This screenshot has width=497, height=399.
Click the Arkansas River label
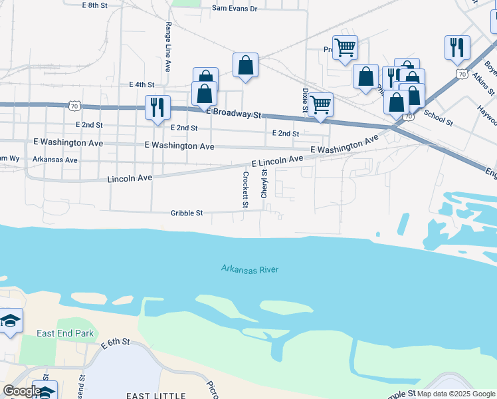click(x=250, y=269)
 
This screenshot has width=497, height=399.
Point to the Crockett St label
click(x=245, y=190)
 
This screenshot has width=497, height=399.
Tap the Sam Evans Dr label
click(x=234, y=9)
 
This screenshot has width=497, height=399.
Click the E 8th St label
click(x=95, y=5)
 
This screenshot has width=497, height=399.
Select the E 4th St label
click(x=142, y=85)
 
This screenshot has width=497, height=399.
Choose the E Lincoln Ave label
click(x=277, y=161)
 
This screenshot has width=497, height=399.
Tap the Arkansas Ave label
click(x=55, y=160)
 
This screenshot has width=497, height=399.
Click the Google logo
click(x=21, y=391)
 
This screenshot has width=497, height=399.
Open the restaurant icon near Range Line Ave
click(x=157, y=107)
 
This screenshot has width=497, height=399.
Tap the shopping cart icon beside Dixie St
click(x=321, y=104)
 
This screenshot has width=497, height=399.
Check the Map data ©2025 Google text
click(x=456, y=394)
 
